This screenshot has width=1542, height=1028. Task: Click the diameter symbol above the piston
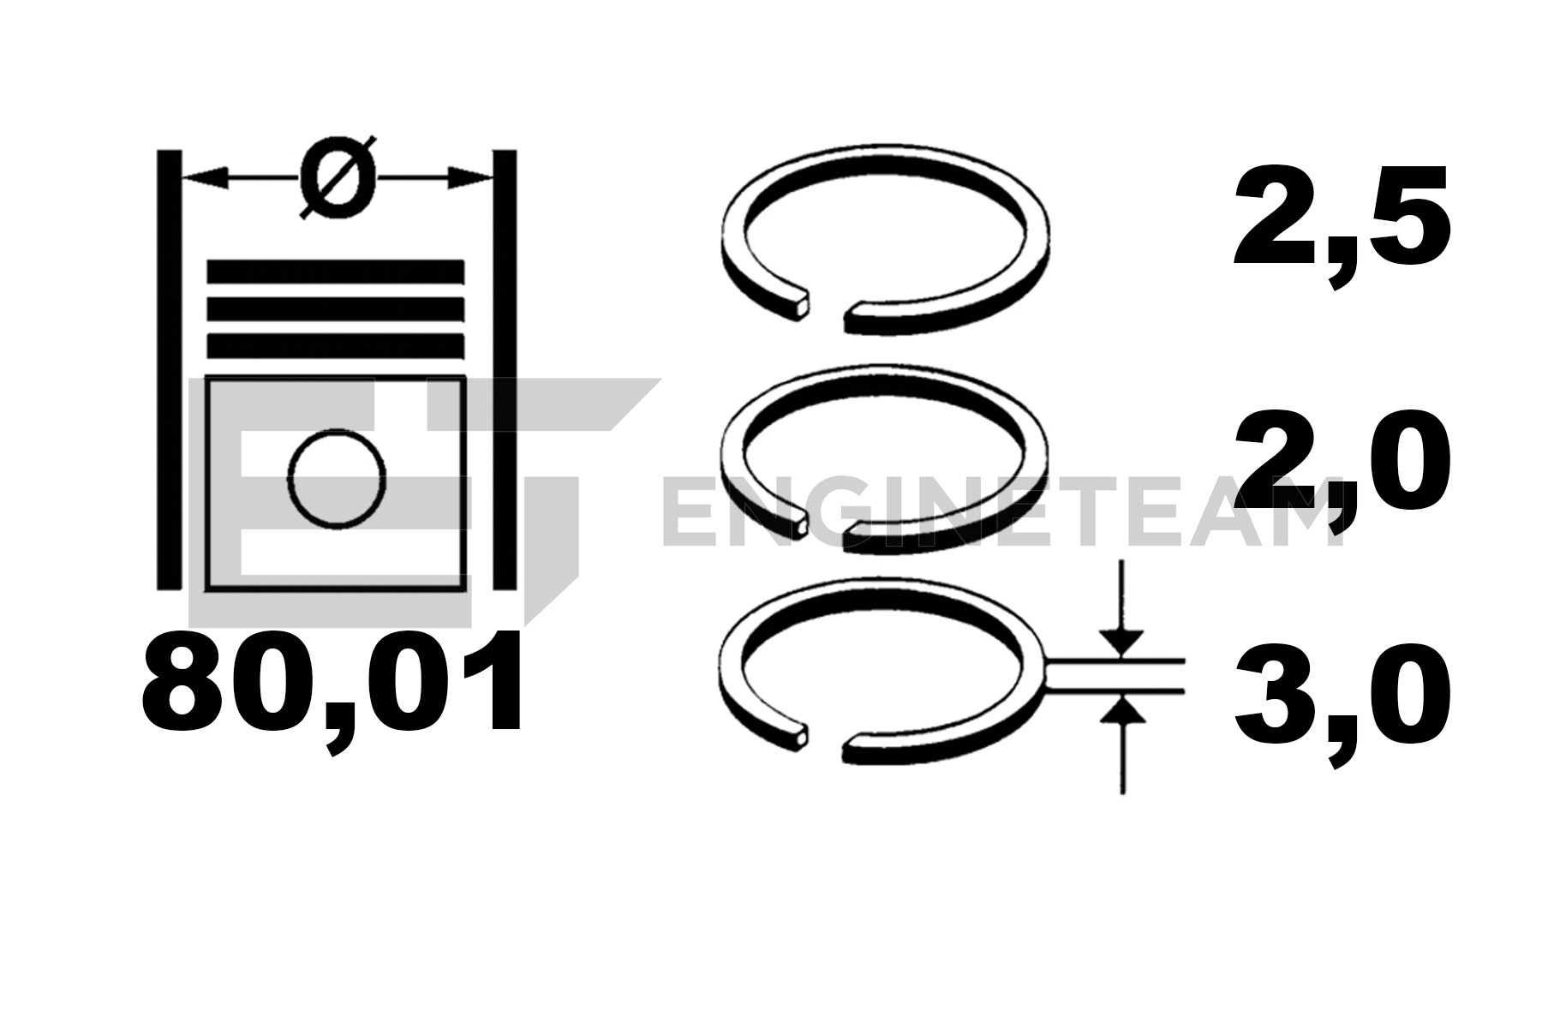(x=338, y=177)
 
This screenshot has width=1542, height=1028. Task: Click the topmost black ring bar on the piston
(x=336, y=272)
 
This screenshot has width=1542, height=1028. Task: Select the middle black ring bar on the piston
(x=336, y=308)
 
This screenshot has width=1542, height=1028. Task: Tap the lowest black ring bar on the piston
(x=336, y=345)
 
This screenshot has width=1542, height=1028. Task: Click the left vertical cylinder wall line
(x=169, y=369)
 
